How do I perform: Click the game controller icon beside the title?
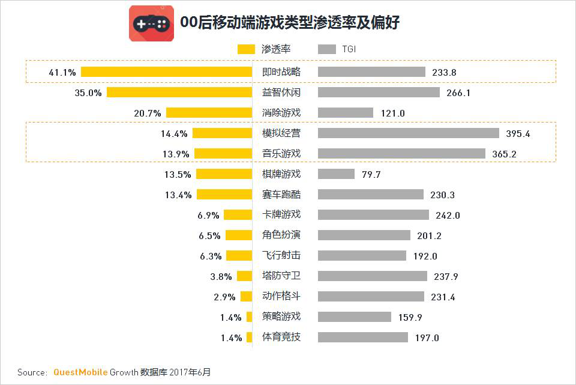151,23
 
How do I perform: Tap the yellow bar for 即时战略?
166,72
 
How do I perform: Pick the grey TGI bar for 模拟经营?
409,133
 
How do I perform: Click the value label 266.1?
459,93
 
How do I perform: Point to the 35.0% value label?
88,93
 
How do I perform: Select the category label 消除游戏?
281,113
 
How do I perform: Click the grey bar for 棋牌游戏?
336,174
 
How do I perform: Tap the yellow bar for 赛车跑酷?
224,195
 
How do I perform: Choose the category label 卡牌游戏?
281,215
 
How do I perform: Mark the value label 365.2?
504,154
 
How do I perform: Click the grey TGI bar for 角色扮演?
364,235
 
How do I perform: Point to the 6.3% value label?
211,256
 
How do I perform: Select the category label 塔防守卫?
281,276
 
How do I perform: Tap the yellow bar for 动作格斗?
246,297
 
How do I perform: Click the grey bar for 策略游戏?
355,317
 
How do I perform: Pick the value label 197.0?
427,338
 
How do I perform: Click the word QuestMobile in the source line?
80,372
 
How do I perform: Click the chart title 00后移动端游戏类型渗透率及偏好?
290,23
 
